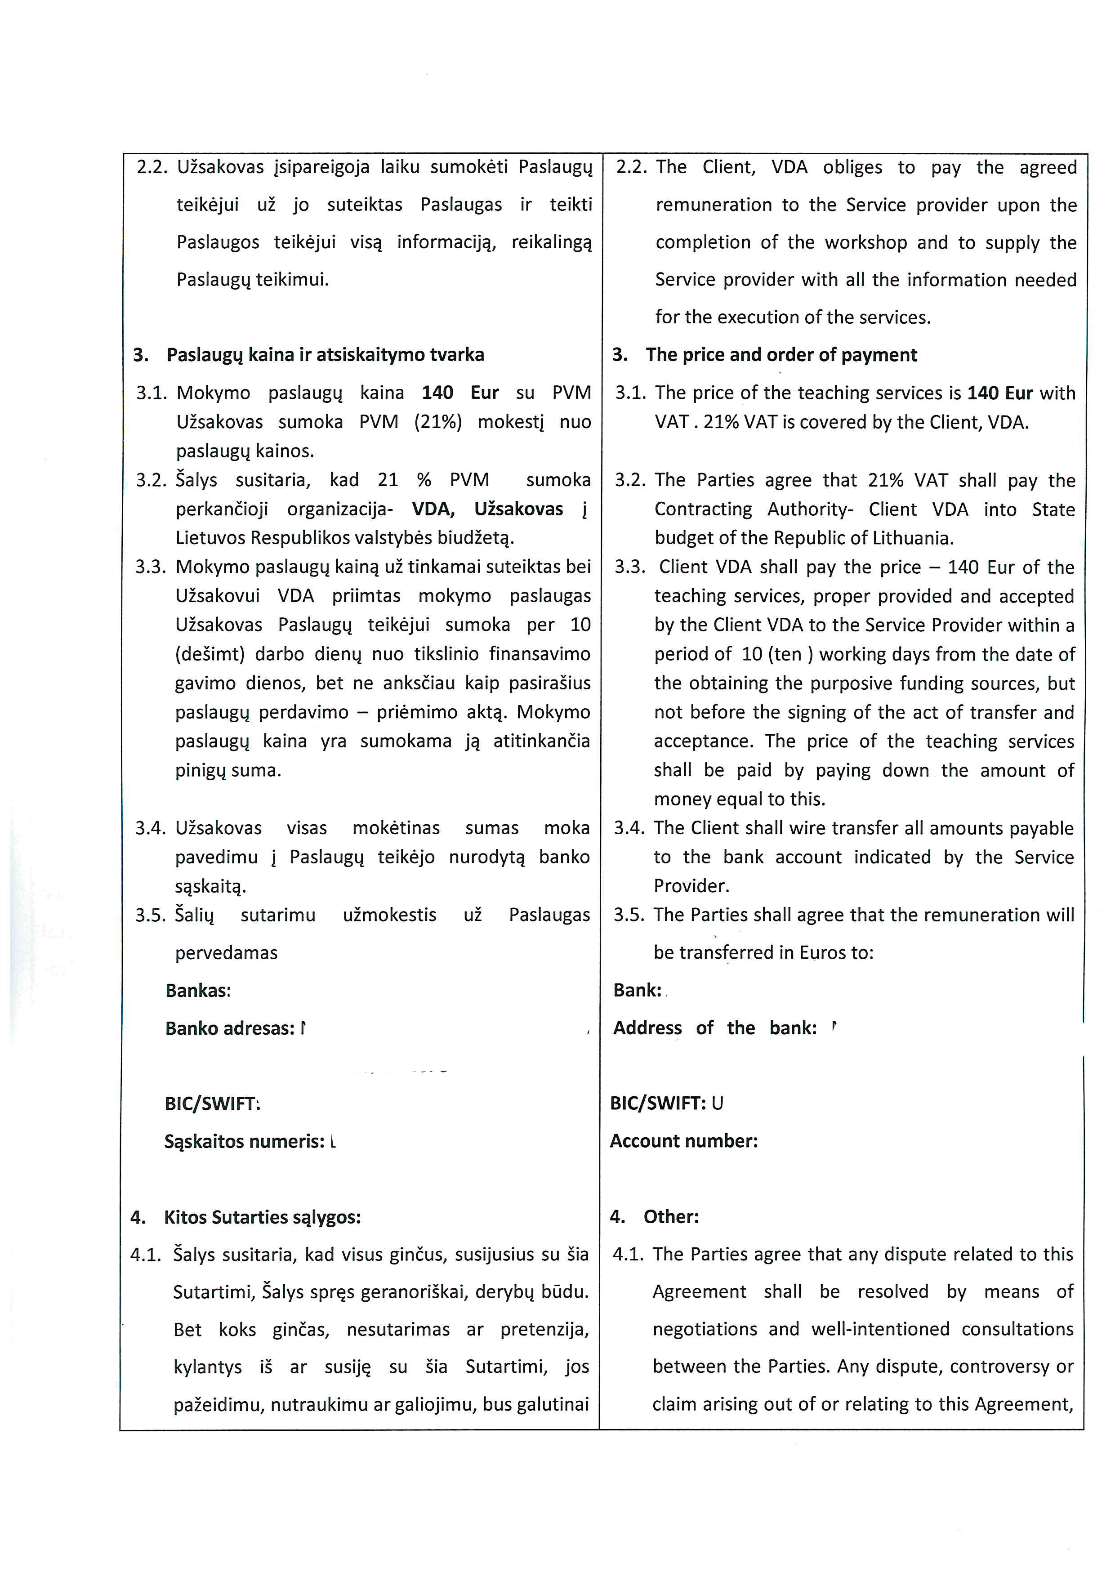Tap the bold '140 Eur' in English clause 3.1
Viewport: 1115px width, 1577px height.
click(999, 393)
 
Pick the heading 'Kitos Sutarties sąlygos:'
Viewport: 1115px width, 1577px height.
click(262, 1217)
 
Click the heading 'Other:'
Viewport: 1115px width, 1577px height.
click(671, 1216)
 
